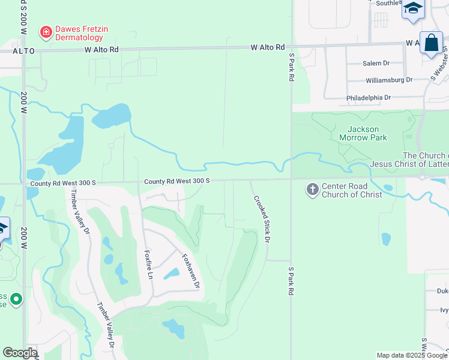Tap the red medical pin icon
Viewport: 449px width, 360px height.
click(45, 31)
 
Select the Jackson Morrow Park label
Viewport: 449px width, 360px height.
click(363, 133)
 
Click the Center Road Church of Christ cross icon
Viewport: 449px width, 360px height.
click(312, 190)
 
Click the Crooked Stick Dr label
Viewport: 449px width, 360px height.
click(262, 218)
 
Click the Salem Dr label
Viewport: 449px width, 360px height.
click(376, 63)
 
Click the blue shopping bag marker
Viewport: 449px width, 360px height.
click(431, 43)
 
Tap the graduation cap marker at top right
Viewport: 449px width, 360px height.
click(413, 9)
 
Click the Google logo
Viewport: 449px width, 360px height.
click(20, 353)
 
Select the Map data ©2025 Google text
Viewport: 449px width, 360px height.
click(411, 355)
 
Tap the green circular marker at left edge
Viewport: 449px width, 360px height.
click(16, 298)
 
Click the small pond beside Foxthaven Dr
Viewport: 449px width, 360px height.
click(171, 274)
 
